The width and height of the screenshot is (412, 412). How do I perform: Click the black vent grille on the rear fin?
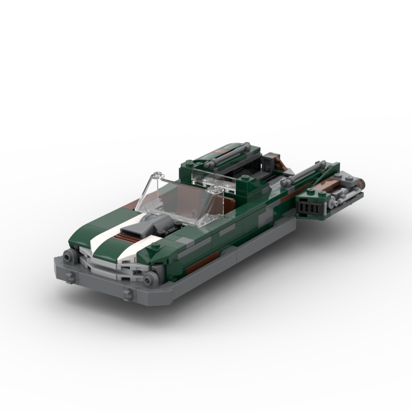point(310,206)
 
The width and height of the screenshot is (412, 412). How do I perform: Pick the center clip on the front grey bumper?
point(125,294)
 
